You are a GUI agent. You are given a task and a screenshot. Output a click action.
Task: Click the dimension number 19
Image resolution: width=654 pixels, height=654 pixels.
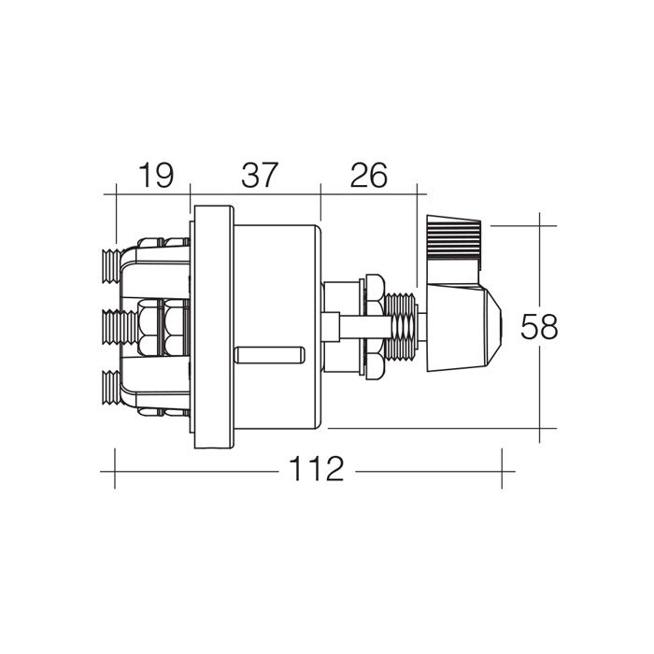point(156,176)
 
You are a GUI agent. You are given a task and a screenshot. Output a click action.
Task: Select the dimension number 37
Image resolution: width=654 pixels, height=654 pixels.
point(260,176)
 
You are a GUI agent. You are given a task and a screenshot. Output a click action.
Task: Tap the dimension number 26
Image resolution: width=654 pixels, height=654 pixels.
point(369,176)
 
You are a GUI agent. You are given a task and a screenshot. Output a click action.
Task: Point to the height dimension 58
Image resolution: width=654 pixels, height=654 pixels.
point(539,327)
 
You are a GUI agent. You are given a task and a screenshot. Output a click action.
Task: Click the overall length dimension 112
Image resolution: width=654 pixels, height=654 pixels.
point(317,469)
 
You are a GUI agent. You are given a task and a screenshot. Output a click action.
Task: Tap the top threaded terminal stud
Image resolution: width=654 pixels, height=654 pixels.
point(112,266)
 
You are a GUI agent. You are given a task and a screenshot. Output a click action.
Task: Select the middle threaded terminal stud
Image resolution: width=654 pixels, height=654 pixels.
point(120,327)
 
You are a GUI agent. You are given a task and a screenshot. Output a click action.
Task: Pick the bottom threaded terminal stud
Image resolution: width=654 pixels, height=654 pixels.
point(112,388)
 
